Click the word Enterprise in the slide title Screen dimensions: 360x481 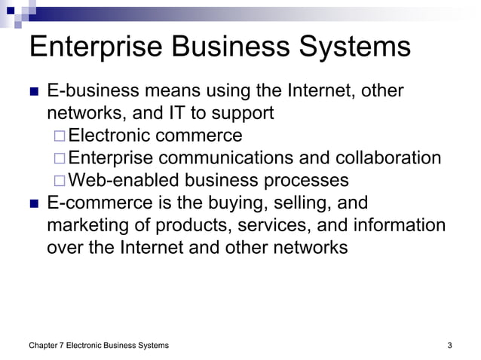(x=94, y=47)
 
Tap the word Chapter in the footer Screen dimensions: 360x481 (x=44, y=346)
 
